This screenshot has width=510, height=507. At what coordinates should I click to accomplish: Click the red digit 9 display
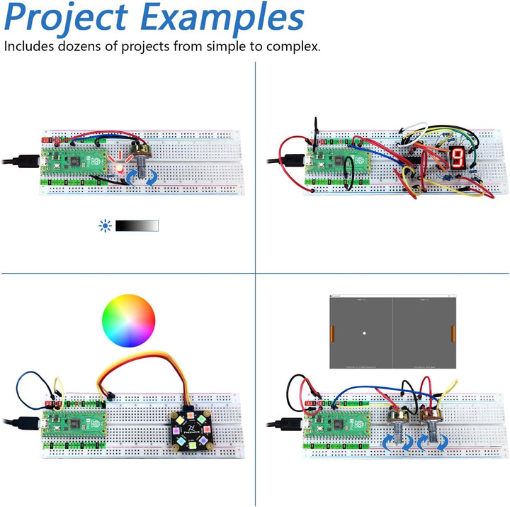click(x=458, y=157)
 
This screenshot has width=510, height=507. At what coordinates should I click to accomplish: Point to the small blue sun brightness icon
click(x=106, y=225)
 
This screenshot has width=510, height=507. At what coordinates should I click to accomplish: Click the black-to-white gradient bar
click(x=137, y=225)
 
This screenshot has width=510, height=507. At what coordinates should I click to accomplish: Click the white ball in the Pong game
click(x=364, y=332)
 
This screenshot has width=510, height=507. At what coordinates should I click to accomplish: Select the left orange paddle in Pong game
click(x=333, y=331)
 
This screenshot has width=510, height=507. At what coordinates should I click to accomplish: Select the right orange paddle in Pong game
click(x=452, y=331)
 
